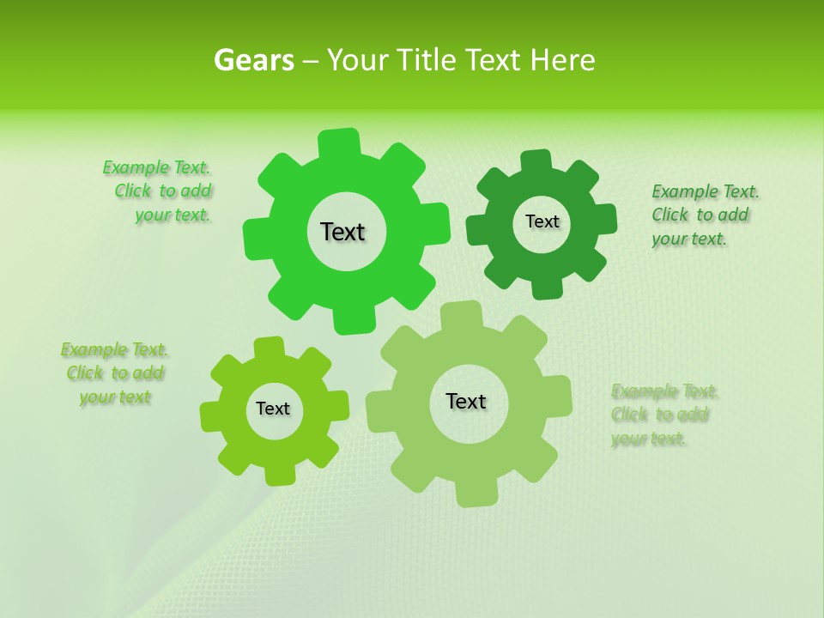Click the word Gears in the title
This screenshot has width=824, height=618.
click(253, 60)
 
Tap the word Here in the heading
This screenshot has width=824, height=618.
click(562, 60)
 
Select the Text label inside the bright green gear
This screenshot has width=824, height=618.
click(342, 232)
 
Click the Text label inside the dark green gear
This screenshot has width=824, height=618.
click(542, 221)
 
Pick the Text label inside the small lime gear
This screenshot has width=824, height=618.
click(273, 409)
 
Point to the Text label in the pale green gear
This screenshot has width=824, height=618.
click(466, 401)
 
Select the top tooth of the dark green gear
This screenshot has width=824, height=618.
click(536, 161)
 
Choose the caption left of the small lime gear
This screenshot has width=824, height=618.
click(115, 373)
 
